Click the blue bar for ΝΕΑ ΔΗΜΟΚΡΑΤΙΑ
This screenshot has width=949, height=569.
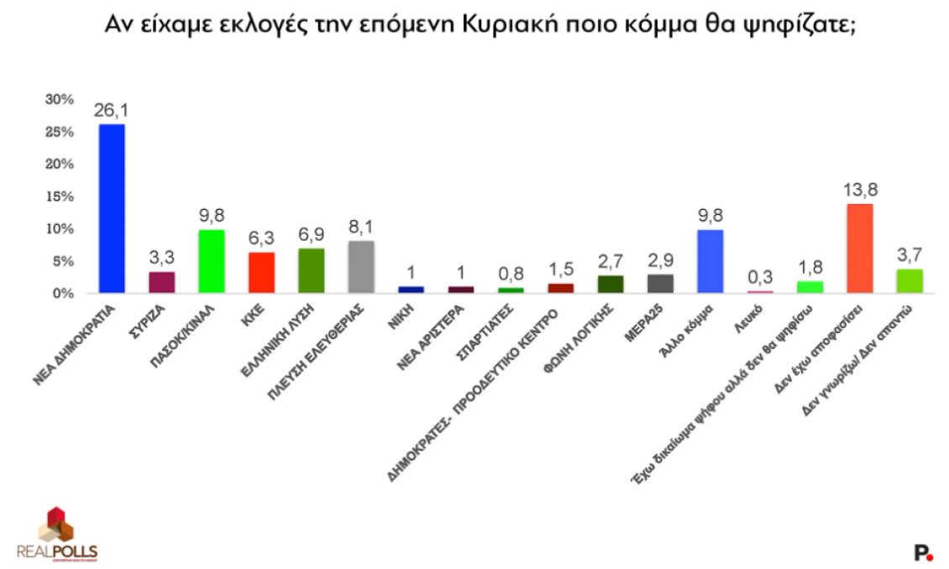point(112,209)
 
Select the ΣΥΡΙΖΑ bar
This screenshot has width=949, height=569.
point(161,282)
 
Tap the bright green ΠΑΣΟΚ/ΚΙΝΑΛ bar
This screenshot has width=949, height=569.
point(212,261)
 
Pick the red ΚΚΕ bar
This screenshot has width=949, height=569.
point(261,273)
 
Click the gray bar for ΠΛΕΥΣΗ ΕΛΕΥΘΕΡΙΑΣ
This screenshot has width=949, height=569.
point(361,267)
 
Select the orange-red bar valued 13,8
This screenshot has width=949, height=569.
point(860,248)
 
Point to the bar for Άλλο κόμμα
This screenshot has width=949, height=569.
point(710,261)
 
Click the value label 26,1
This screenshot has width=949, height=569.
point(112,110)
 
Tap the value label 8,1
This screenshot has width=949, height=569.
point(361,227)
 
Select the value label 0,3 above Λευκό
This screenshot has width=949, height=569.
point(760,277)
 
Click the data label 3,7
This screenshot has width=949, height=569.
point(910,254)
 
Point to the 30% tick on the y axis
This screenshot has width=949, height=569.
point(60,99)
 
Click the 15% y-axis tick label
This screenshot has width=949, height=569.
point(60,196)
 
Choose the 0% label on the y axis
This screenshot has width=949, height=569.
point(63,293)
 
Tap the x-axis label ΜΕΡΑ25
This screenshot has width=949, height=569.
point(644,323)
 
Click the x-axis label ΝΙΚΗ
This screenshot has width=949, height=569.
point(401,317)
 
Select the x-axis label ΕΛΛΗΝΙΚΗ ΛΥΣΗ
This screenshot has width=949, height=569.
point(278,341)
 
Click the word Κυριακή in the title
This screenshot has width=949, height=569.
point(510,25)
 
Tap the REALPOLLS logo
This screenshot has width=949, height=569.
point(57,535)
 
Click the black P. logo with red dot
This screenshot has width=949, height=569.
point(923,553)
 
